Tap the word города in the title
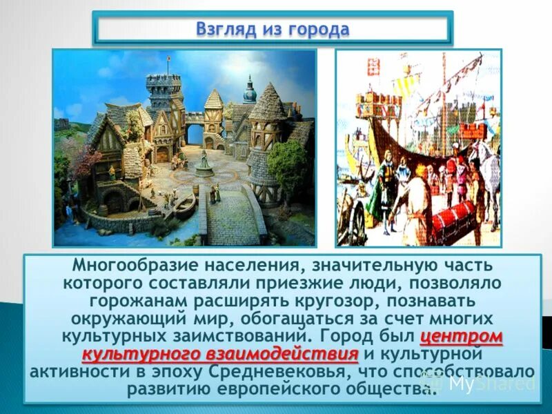coord(322,30)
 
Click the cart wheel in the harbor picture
coord(355,224)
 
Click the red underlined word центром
coord(461,337)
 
